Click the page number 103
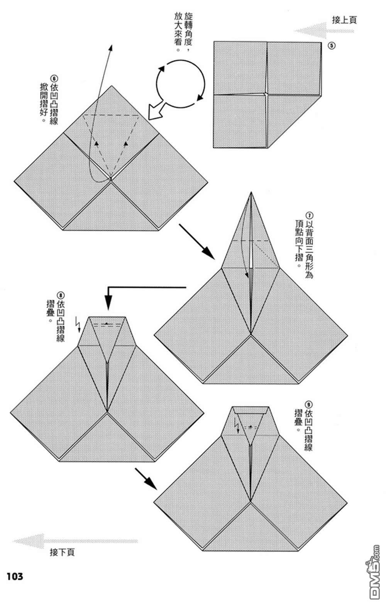(x=15, y=576)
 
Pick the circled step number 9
(x=308, y=404)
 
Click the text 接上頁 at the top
(x=344, y=20)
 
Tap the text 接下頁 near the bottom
(x=62, y=552)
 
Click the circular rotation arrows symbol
(x=180, y=83)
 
